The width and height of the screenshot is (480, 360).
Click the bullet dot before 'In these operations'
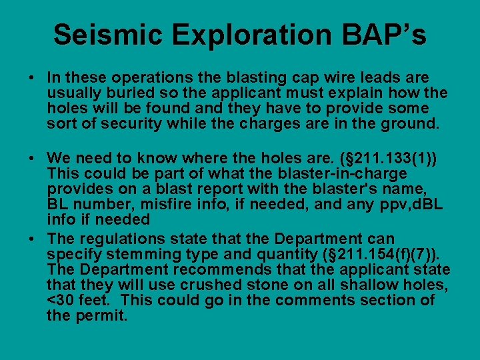click(32, 79)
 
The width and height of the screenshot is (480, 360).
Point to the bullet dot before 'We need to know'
click(32, 158)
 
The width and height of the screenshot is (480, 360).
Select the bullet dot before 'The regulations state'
click(32, 239)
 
